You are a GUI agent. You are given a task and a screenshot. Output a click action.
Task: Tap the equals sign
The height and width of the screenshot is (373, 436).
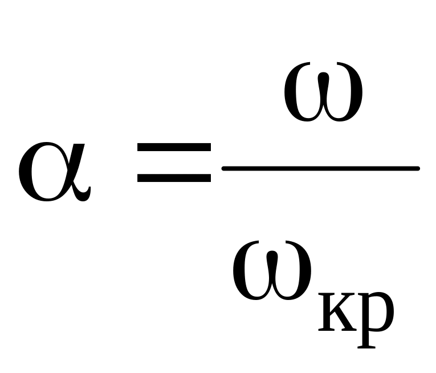(174, 163)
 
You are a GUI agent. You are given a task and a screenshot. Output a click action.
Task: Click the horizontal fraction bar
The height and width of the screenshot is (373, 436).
(321, 168)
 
